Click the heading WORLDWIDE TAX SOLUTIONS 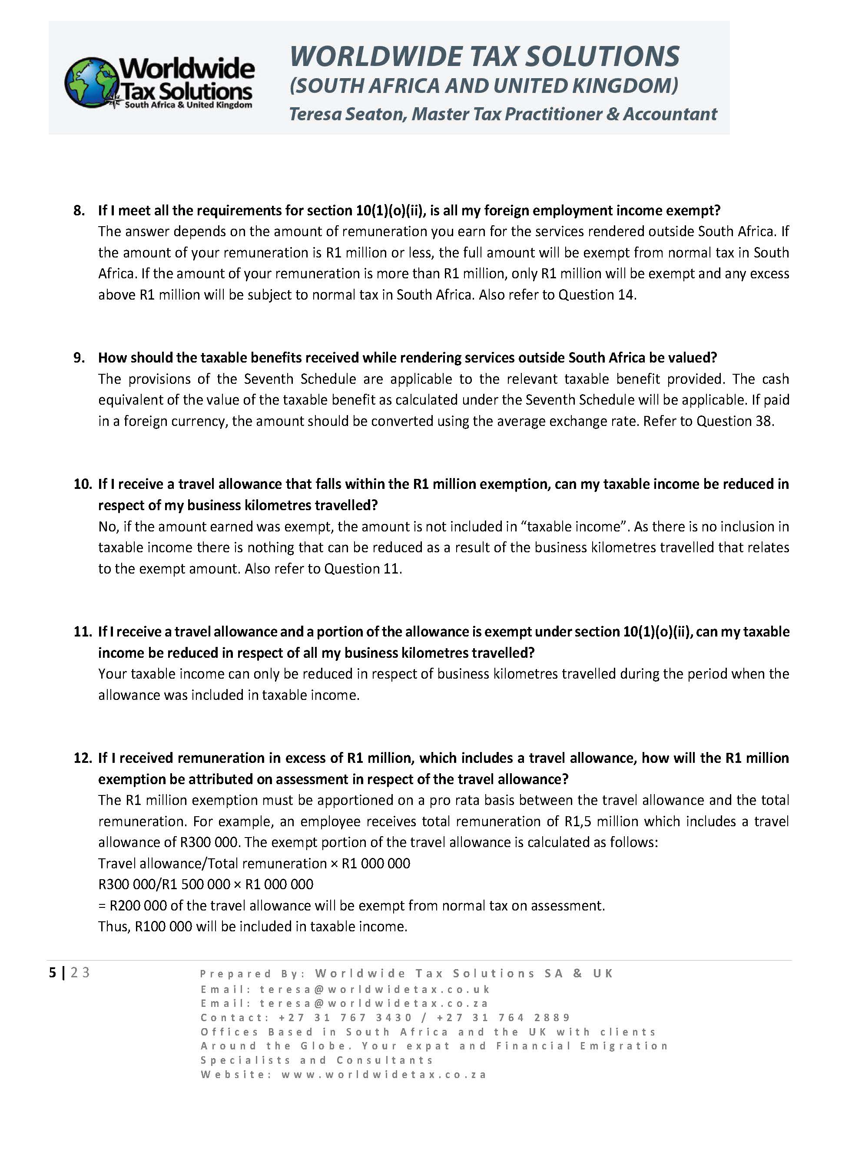click(x=484, y=56)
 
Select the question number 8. click(x=79, y=210)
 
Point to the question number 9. click(x=79, y=357)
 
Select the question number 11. click(x=82, y=632)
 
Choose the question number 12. click(x=82, y=758)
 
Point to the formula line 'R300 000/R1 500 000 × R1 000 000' click(x=206, y=884)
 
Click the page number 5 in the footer click(x=53, y=973)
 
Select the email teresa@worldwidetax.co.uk click(x=375, y=989)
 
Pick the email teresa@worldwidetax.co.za click(x=374, y=1003)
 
